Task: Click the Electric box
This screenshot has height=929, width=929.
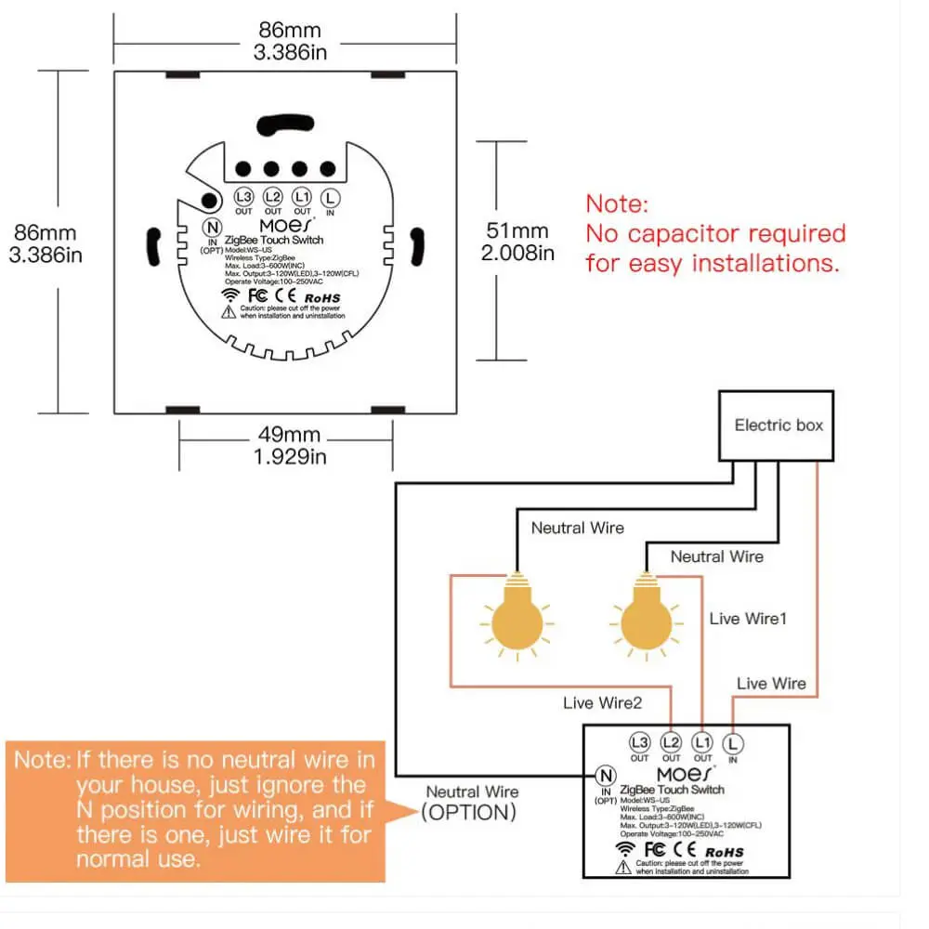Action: (779, 425)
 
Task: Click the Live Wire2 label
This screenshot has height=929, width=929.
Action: (602, 703)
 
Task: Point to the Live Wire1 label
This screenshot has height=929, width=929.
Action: (748, 618)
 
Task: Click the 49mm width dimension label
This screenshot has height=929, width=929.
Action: (290, 434)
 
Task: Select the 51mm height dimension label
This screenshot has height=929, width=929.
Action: (517, 230)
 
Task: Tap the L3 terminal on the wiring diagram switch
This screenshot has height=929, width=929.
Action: (640, 743)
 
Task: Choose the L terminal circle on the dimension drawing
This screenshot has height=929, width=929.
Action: (330, 197)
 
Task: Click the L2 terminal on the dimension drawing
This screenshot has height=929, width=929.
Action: (272, 197)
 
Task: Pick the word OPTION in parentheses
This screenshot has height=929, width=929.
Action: (468, 813)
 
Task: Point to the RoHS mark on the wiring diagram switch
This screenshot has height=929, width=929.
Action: (724, 851)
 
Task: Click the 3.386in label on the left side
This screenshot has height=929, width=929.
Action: (43, 254)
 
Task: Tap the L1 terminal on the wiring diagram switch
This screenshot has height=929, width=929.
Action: (702, 743)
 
